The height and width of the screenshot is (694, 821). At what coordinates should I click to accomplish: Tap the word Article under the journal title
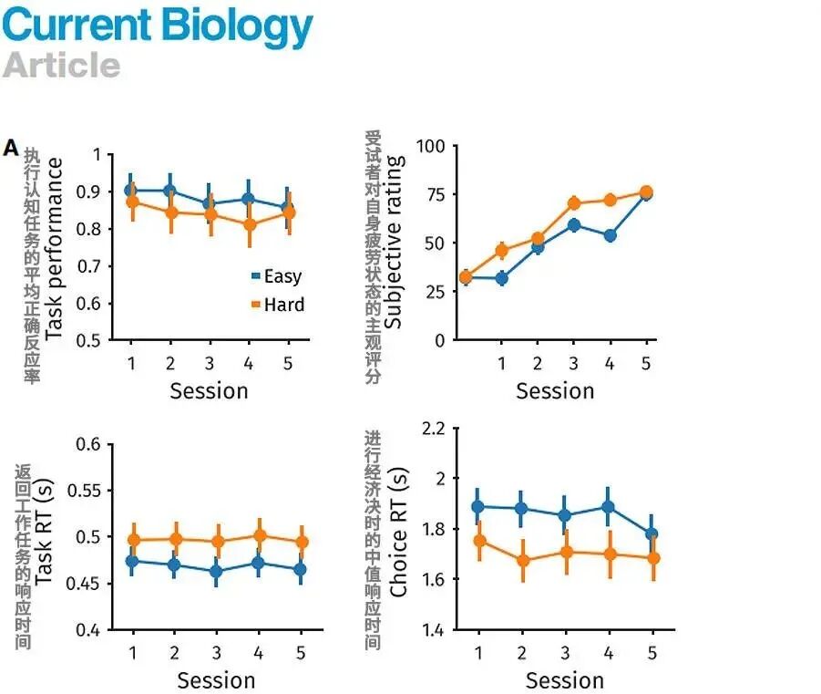click(x=62, y=65)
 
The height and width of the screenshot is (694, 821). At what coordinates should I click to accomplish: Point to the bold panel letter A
click(x=11, y=148)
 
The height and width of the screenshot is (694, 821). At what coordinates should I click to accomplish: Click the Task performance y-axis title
click(x=55, y=248)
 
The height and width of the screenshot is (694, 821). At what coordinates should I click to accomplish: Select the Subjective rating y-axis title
click(x=394, y=242)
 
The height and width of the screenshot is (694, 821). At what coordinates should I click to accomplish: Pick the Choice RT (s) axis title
click(x=398, y=533)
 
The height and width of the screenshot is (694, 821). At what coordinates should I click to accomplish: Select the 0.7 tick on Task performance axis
click(x=87, y=265)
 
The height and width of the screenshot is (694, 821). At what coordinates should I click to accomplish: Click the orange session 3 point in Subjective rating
click(x=574, y=203)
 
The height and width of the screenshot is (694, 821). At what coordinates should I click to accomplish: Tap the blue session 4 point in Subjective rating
click(x=610, y=235)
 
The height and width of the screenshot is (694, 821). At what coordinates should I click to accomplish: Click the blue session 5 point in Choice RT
click(x=652, y=534)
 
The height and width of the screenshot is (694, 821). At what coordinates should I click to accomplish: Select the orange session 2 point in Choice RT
click(x=521, y=561)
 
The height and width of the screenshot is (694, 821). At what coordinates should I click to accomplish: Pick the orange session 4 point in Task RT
click(x=259, y=536)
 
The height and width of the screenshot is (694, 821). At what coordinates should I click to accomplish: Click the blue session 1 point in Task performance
click(x=131, y=191)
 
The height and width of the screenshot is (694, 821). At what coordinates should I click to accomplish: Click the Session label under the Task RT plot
click(x=216, y=680)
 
